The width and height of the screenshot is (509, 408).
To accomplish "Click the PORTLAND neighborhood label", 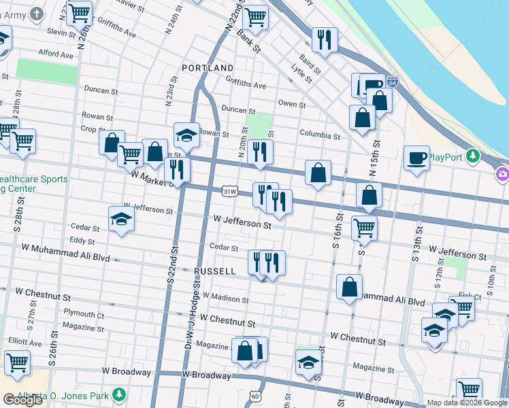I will point(208,68).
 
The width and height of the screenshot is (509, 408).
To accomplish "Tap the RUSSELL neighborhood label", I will point(215,271).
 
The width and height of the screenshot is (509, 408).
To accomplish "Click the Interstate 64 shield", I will point(392,82).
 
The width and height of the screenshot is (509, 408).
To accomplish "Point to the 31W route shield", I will point(229,192).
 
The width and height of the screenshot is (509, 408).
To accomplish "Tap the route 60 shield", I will point(255,396).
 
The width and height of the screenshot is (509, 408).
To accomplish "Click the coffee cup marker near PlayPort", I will point(416,158).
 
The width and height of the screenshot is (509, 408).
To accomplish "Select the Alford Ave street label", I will point(56,53).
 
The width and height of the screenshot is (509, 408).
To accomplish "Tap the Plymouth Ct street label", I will point(84,314).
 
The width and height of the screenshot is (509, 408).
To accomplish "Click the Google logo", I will point(23,400).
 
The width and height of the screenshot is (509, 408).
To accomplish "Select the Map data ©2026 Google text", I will point(465,403).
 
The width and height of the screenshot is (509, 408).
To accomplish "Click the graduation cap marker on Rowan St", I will point(186,135).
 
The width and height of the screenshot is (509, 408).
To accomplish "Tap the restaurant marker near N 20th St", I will point(259,152).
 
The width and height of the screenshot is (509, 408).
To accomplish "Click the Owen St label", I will point(292,104).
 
